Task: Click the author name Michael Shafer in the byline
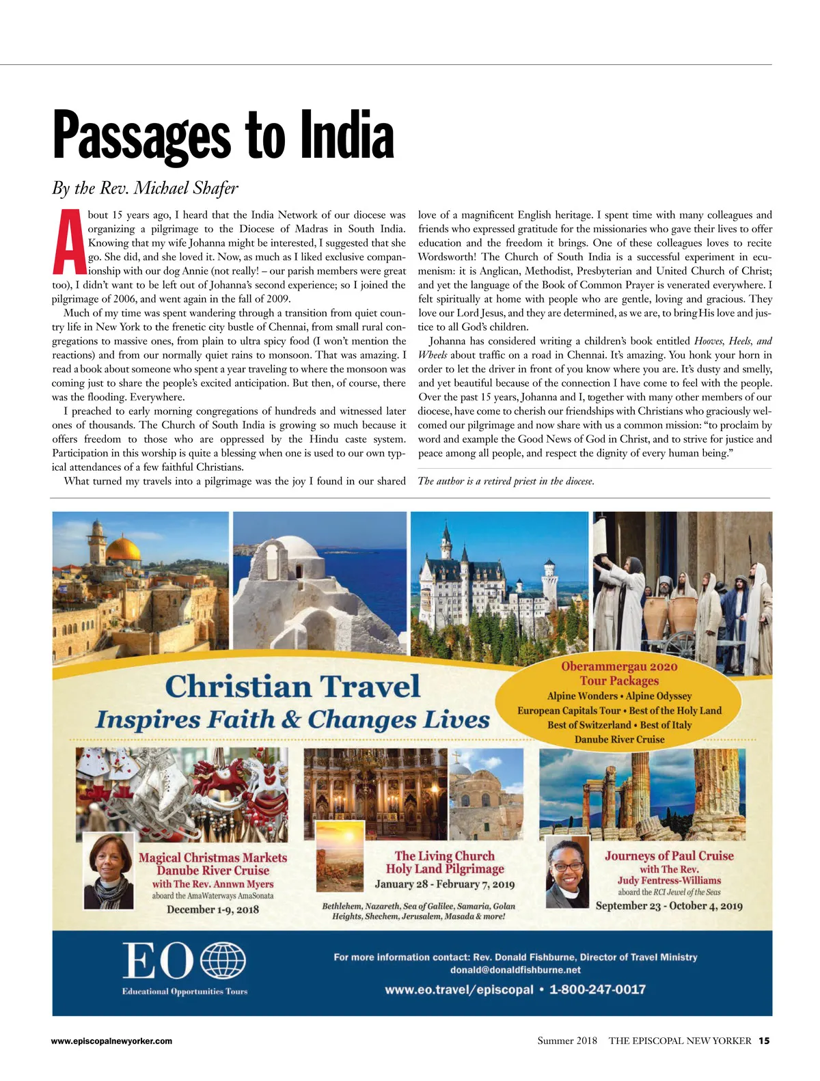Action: click(x=186, y=188)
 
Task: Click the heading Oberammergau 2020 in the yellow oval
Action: click(x=619, y=666)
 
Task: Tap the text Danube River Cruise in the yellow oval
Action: click(x=619, y=739)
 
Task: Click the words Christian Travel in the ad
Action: click(x=292, y=686)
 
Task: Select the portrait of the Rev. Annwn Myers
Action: click(x=108, y=870)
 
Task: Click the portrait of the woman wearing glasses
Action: click(x=568, y=872)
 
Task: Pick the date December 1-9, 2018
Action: click(x=213, y=909)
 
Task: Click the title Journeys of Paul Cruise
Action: click(x=669, y=856)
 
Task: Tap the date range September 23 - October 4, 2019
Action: click(x=669, y=906)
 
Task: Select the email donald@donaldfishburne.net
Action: click(x=515, y=970)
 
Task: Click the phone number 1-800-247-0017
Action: click(x=597, y=989)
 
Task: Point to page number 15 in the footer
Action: click(x=763, y=1041)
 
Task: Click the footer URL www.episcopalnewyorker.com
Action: click(x=111, y=1041)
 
